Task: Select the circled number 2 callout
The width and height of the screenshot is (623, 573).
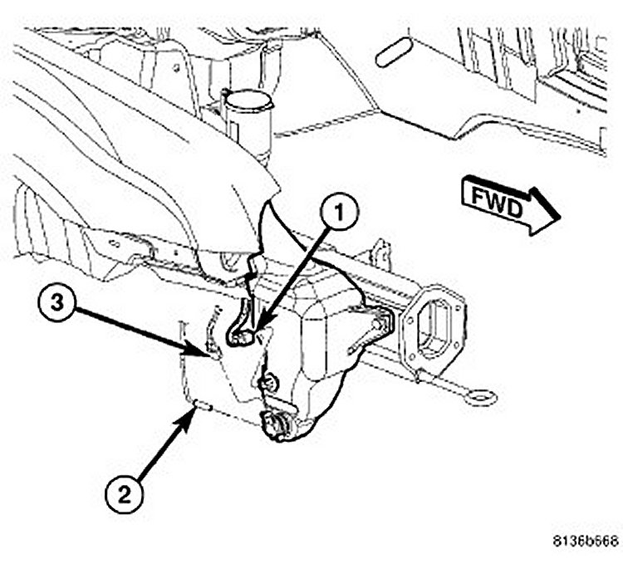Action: point(123,496)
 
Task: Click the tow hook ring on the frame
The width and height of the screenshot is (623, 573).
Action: point(481,397)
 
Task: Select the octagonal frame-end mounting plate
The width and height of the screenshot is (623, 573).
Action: point(432,324)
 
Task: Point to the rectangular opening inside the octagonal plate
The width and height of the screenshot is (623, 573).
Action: point(434,326)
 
